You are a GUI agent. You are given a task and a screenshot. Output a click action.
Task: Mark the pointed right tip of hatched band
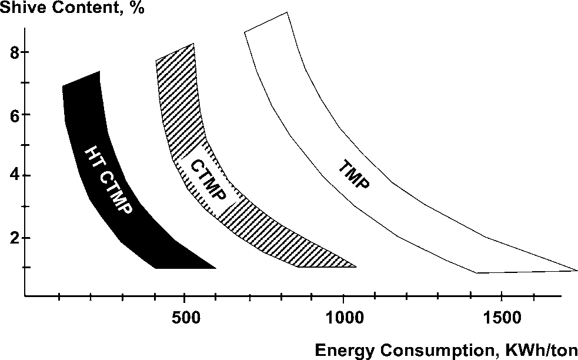click(355, 266)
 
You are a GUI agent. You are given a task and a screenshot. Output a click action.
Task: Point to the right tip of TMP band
click(576, 271)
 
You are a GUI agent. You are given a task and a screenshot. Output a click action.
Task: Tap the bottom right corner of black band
click(215, 268)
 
